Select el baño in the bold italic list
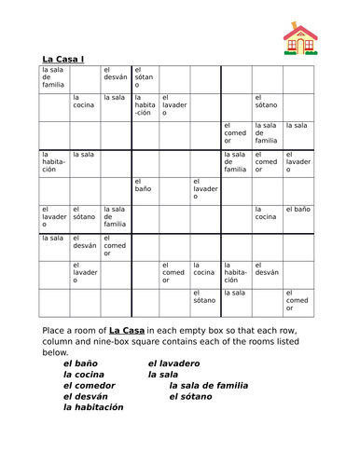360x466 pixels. click(81, 363)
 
